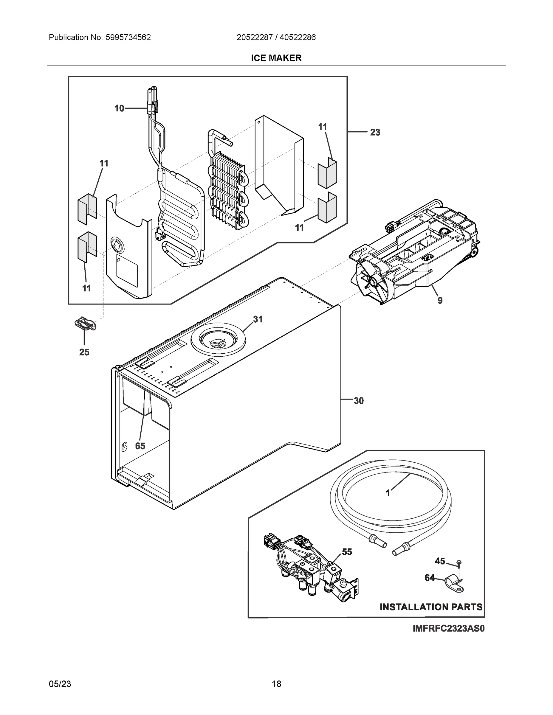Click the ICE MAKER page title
point(276,58)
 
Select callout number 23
point(375,132)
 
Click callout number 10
point(119,108)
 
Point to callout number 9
point(440,300)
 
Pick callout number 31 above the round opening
point(258,319)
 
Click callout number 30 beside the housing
point(359,401)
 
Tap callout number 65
point(140,446)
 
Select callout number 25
point(84,352)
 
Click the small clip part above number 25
point(85,324)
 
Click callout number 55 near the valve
point(347,552)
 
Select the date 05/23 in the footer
point(60,684)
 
